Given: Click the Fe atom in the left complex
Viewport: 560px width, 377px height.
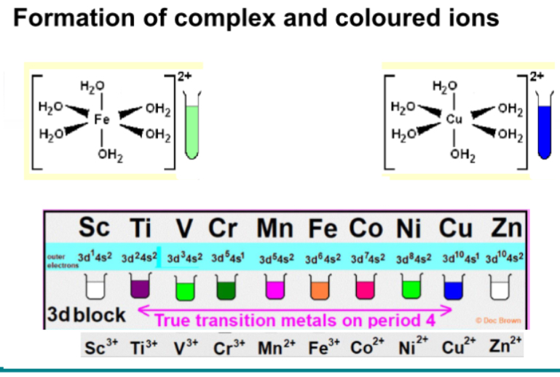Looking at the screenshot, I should click(101, 118).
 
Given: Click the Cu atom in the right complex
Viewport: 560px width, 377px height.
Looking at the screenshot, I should click(454, 118).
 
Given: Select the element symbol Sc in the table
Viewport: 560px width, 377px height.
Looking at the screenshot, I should click(95, 229).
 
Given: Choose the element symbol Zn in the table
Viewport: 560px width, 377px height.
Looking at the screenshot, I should click(506, 229).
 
